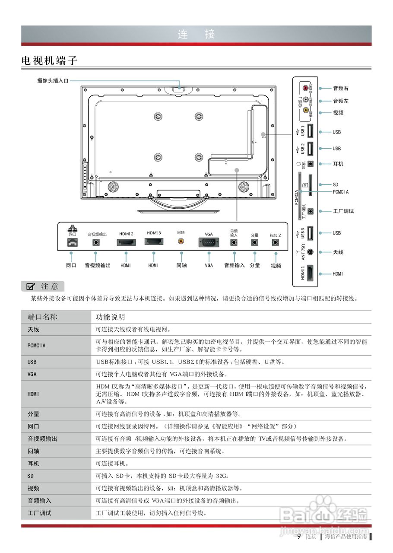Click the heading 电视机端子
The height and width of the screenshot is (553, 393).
50,60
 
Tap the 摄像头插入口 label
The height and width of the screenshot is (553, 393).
53,80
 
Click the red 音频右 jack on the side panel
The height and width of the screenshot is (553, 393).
306,88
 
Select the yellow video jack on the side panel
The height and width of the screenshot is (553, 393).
306,110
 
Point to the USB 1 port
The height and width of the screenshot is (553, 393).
310,131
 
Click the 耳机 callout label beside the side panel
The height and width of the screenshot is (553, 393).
338,164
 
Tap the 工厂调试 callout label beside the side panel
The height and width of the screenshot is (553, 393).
343,211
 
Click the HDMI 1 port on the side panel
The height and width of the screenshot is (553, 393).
310,273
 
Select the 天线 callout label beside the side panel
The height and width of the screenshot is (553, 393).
338,252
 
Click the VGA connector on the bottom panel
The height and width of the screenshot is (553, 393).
209,243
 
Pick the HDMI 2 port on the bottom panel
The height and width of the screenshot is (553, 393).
126,242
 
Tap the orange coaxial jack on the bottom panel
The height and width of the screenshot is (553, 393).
181,242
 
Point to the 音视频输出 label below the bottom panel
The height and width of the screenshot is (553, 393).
98,265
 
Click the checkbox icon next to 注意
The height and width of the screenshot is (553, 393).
31,286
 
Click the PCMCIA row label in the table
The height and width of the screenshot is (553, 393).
37,346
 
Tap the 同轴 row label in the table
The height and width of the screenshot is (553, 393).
33,451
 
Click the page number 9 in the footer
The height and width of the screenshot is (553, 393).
299,537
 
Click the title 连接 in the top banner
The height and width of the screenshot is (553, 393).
196,35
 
